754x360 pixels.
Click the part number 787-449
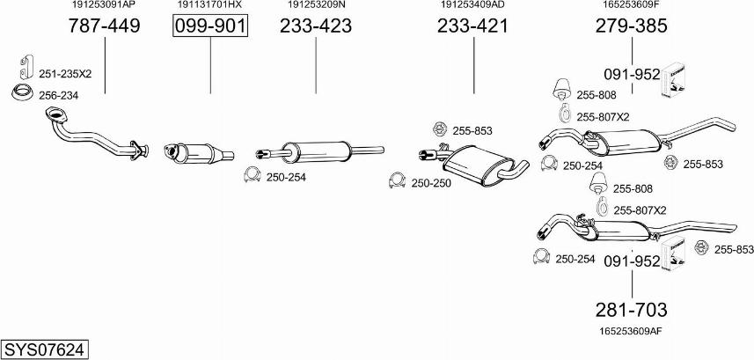(104, 26)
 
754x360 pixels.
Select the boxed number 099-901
(209, 26)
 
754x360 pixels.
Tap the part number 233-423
(316, 26)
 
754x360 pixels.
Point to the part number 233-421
(472, 26)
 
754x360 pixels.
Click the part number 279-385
(632, 26)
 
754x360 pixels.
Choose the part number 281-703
(632, 310)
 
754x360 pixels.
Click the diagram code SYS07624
(44, 349)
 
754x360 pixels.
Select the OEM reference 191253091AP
(104, 5)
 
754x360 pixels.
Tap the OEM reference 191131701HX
(209, 5)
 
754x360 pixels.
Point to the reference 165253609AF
(632, 331)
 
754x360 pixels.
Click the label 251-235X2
(65, 73)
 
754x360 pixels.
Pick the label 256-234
(57, 94)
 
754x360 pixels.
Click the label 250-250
(430, 183)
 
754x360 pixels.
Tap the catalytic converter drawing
(197, 152)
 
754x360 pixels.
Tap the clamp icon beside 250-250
(397, 182)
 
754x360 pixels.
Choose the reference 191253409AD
(472, 5)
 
